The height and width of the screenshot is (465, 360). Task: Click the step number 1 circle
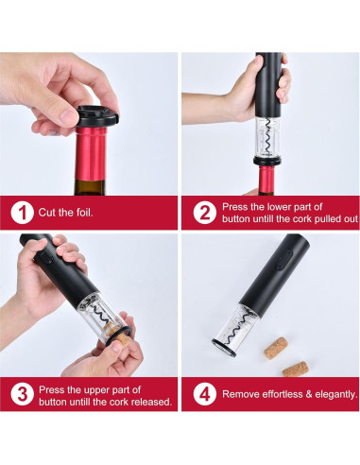point(22,213)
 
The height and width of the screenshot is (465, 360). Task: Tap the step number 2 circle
point(205,213)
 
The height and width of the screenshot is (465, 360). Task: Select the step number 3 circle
point(22,394)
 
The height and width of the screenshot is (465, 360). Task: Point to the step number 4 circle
point(205,394)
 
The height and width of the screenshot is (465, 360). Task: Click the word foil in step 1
point(84,213)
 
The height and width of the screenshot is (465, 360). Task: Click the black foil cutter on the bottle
point(97,116)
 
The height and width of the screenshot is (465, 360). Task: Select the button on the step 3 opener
point(46,255)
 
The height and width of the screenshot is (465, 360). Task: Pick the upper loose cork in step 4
point(276,348)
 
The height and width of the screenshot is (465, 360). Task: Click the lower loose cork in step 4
point(295,369)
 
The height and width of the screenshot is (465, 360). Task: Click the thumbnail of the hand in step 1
point(69,116)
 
